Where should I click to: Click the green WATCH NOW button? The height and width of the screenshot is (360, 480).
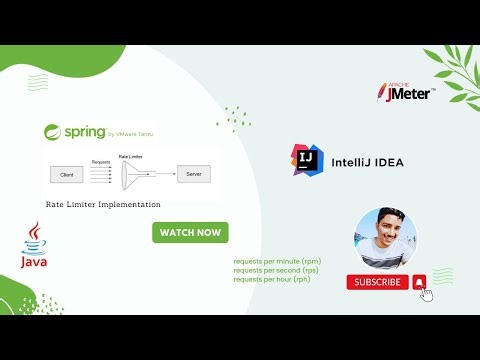[x=190, y=232]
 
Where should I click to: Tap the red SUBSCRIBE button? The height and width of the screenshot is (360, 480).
[x=377, y=282]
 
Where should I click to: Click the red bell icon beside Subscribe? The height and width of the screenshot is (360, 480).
[x=419, y=282]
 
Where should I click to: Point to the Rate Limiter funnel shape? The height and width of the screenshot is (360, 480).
[x=133, y=175]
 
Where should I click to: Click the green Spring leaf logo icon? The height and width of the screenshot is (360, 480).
[x=53, y=132]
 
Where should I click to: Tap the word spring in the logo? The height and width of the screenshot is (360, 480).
[x=87, y=131]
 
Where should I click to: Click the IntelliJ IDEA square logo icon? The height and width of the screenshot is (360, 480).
[x=307, y=160]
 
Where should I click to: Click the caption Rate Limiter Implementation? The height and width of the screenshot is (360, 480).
[x=103, y=204]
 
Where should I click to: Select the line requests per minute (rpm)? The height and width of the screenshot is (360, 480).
[x=277, y=262]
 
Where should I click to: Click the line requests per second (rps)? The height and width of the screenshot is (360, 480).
[x=276, y=271]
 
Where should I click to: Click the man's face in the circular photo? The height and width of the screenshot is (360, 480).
[x=383, y=237]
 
